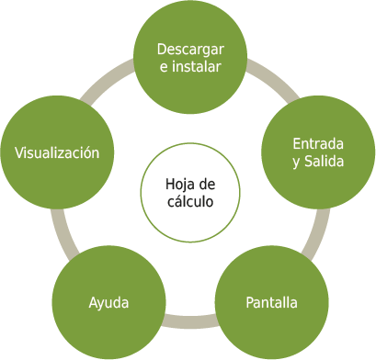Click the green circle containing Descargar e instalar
(190, 58)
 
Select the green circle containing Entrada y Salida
(318, 152)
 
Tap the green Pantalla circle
(271, 302)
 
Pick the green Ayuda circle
(108, 302)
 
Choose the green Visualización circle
(57, 152)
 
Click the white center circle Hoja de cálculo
(190, 193)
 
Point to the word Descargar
(190, 49)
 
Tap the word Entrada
(318, 144)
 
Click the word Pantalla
(271, 302)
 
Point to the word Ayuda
(108, 302)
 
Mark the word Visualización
(57, 152)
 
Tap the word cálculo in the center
(190, 201)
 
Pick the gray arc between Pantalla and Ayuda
(190, 321)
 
